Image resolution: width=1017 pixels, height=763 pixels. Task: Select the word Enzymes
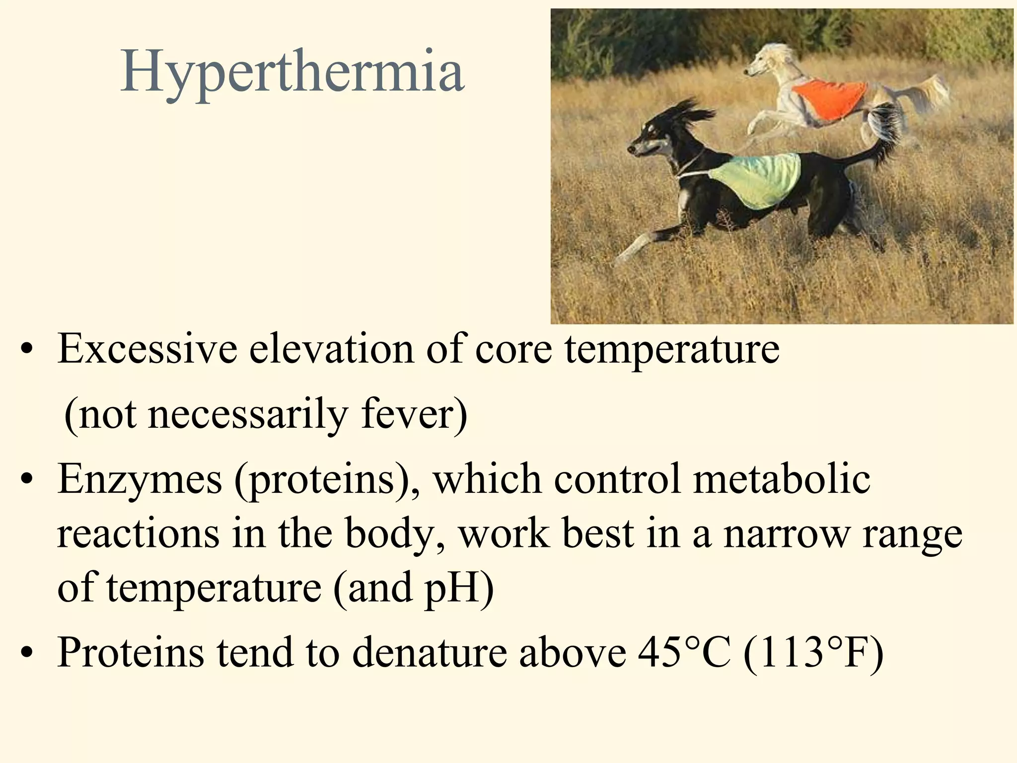click(140, 479)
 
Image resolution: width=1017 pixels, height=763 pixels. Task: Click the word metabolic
click(782, 479)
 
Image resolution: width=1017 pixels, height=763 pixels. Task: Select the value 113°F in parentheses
click(814, 652)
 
